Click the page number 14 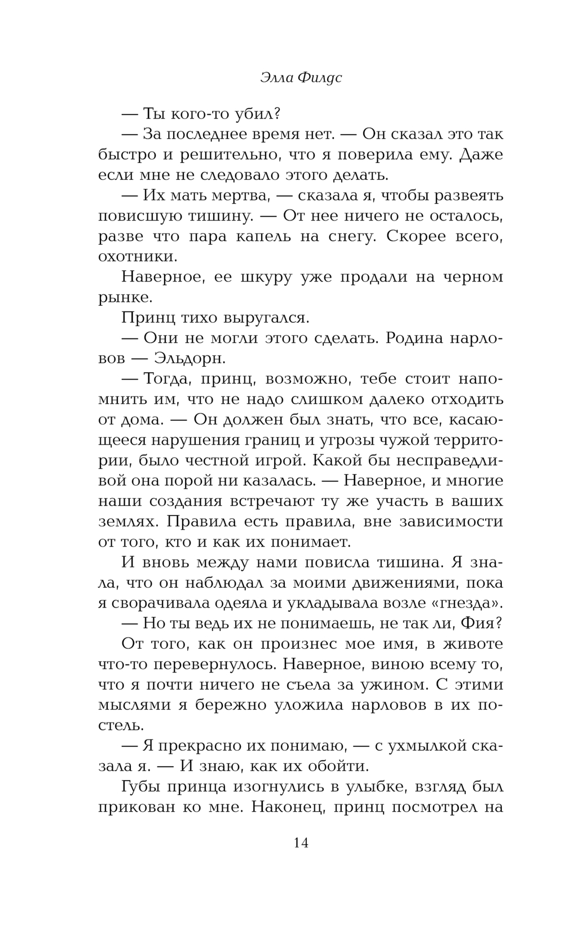click(x=301, y=843)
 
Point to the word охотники click(x=138, y=257)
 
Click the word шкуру click(x=250, y=278)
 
